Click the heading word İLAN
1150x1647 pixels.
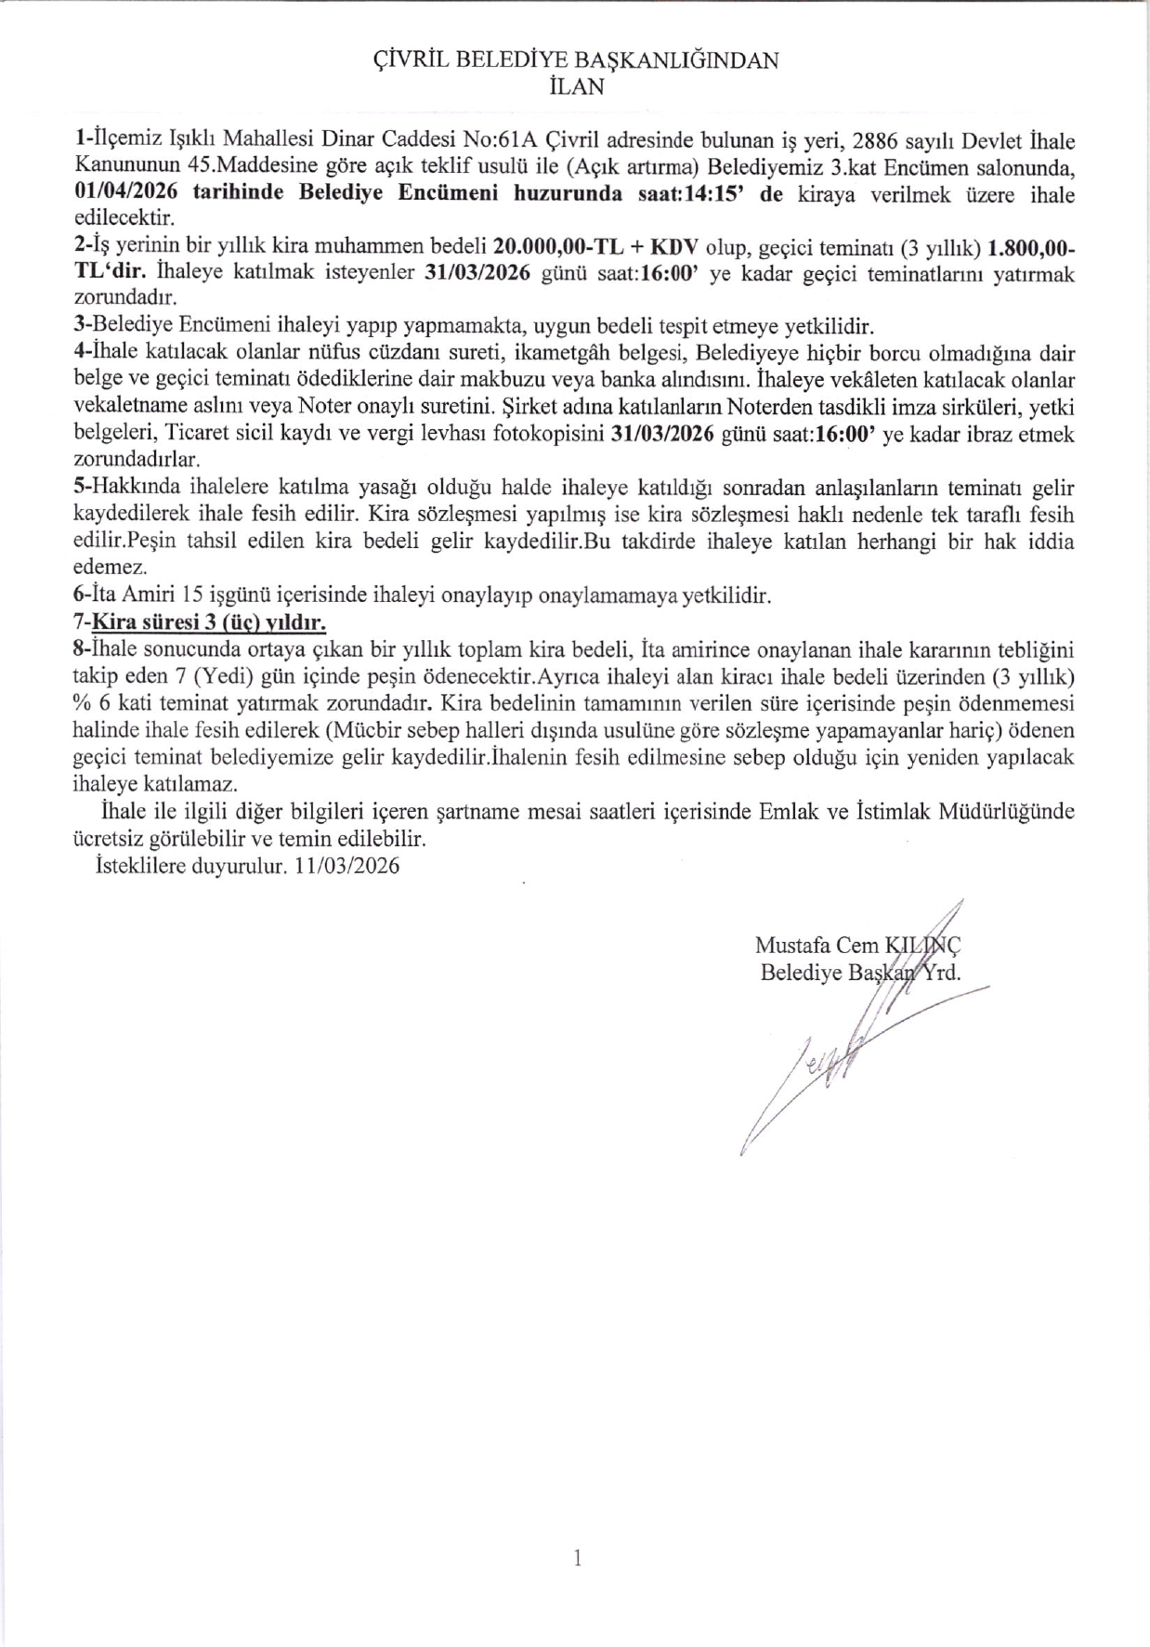click(x=576, y=86)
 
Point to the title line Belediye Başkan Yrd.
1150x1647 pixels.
click(x=859, y=973)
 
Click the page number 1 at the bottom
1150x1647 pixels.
click(x=577, y=1558)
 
